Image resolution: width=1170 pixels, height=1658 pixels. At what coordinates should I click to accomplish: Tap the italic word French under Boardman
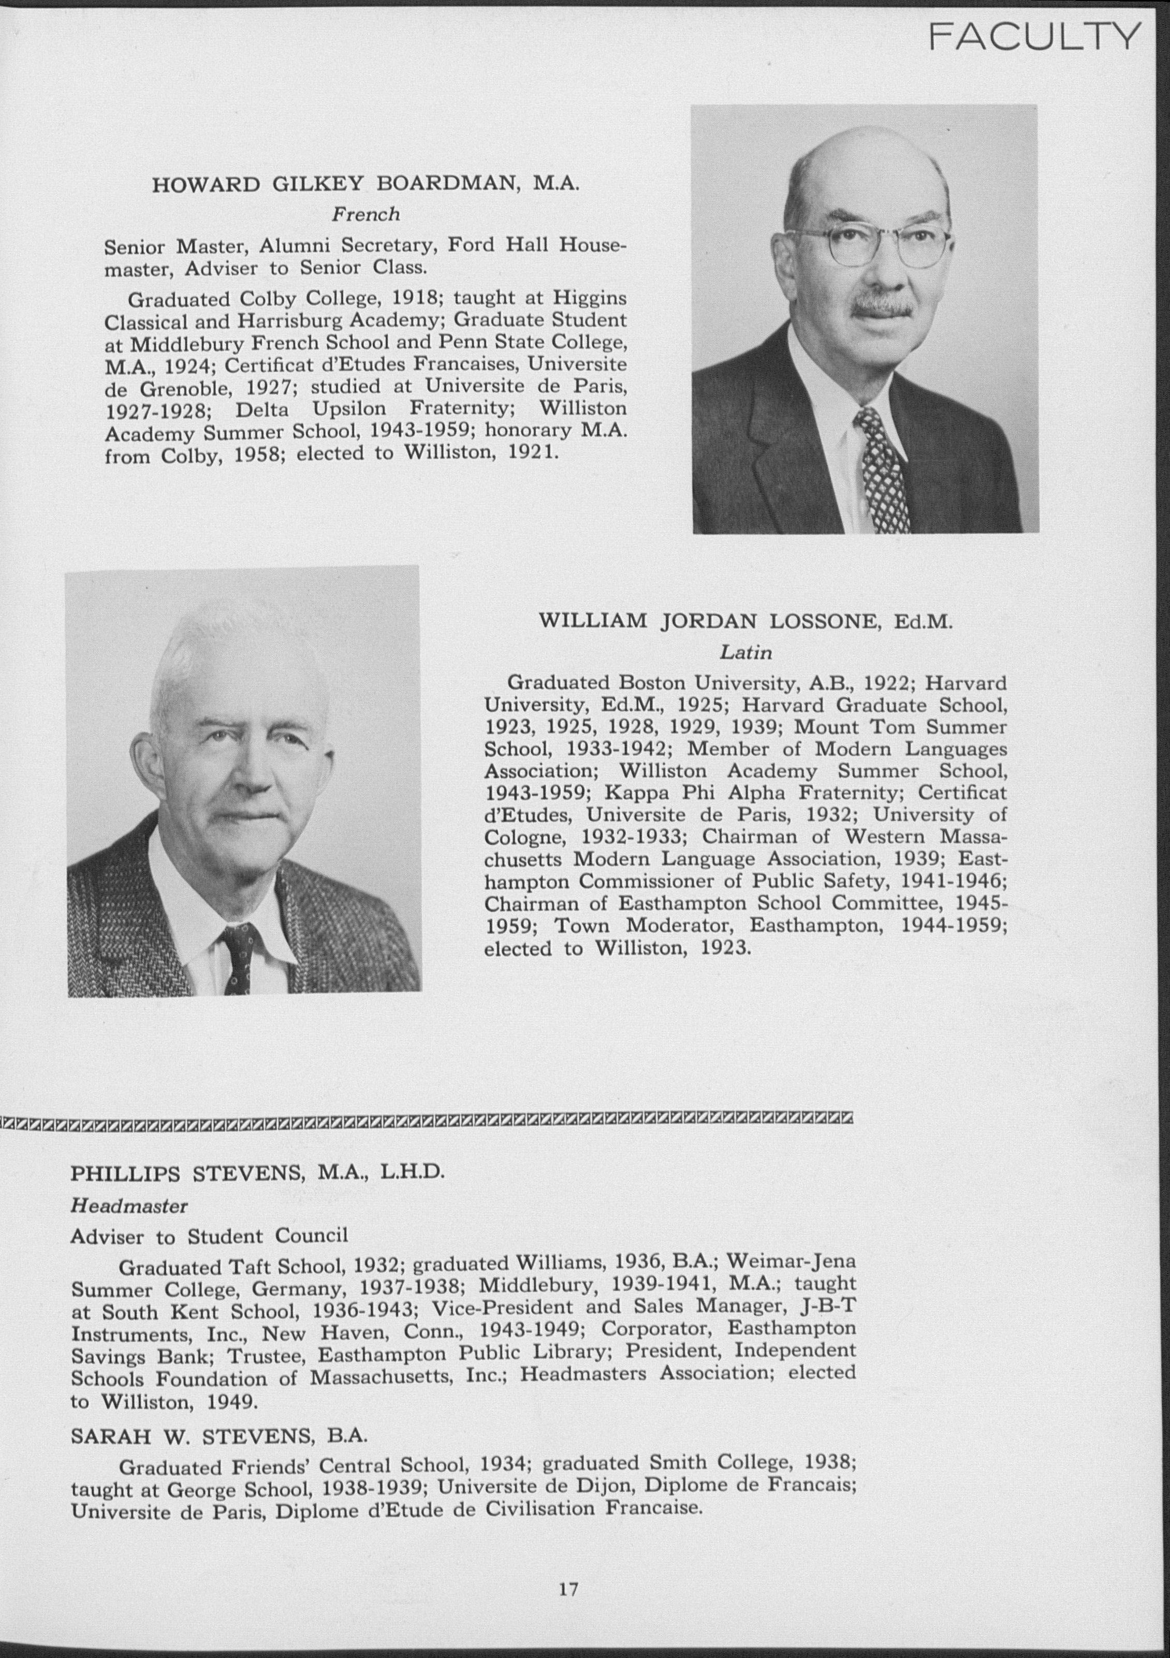(365, 214)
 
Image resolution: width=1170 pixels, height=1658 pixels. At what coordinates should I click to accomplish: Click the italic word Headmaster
(129, 1205)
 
